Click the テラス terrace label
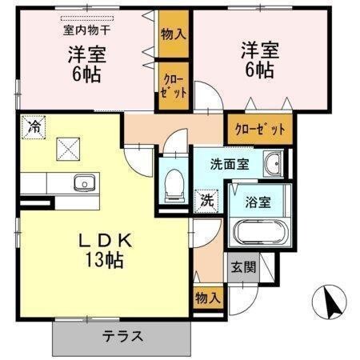(x=122, y=336)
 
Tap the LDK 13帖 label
(x=103, y=250)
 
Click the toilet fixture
(x=170, y=186)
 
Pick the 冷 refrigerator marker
(x=34, y=126)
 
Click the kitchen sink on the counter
(x=82, y=184)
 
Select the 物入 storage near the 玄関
(x=206, y=298)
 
